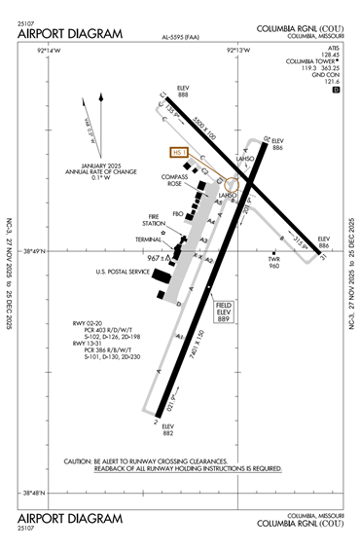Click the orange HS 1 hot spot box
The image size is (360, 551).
tap(178, 152)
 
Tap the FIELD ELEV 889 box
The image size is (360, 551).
tap(224, 312)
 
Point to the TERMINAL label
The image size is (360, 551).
tap(148, 239)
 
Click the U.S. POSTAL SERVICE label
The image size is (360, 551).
tap(122, 272)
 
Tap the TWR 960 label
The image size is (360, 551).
tap(274, 262)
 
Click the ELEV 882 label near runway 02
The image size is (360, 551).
tap(167, 430)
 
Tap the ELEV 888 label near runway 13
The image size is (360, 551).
tap(183, 92)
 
